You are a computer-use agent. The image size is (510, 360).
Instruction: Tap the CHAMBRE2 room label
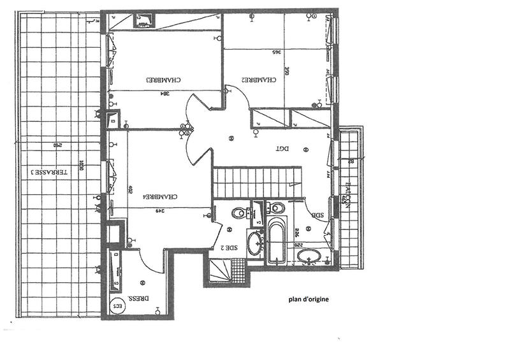259,80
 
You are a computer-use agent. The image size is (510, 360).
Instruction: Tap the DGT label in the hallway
282,148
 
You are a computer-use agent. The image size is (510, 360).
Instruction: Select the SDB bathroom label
317,215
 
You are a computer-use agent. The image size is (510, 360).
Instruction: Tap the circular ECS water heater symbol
117,306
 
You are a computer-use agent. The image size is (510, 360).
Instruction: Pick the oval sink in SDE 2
254,243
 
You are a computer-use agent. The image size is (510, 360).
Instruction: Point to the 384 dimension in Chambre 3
164,93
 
